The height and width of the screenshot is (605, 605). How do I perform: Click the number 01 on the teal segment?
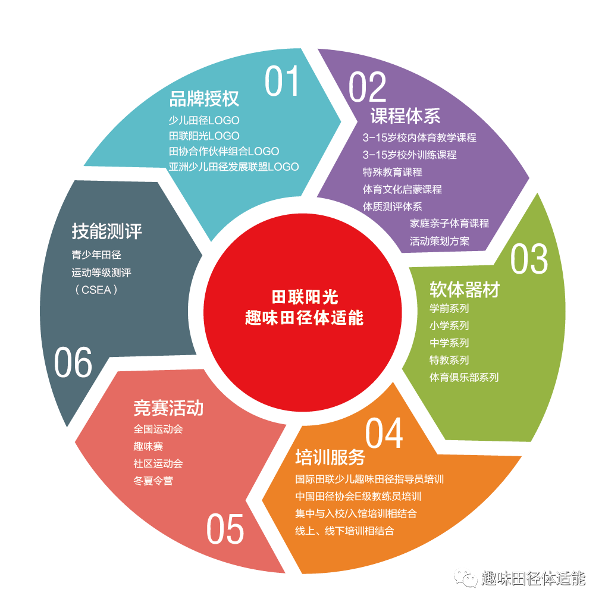pos(282,81)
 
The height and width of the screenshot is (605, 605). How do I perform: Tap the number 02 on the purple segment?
pos(367,87)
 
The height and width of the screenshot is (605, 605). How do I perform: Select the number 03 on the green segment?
pos(529,259)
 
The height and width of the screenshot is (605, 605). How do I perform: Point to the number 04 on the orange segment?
pos(384,433)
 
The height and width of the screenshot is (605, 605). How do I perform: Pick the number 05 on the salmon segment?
pos(225,529)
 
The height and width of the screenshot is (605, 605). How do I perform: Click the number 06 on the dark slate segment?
pos(73,362)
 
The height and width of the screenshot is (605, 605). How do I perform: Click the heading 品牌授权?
pos(204,99)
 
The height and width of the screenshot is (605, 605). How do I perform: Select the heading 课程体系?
pos(406,116)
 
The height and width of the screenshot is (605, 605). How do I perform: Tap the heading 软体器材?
pos(465,289)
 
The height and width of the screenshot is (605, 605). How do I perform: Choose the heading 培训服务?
pos(330,457)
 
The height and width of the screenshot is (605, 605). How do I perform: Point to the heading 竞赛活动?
pos(168,408)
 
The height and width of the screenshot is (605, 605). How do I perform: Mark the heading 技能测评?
pos(107,231)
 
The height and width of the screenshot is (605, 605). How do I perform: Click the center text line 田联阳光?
pos(305,297)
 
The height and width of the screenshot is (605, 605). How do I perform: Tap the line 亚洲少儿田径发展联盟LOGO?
pos(234,167)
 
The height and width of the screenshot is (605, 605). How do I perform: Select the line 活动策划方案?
pos(440,241)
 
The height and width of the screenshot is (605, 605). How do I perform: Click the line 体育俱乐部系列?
pos(464,377)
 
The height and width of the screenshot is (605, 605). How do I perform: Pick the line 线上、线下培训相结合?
pos(344,531)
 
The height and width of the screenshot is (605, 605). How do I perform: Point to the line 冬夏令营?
pos(153,481)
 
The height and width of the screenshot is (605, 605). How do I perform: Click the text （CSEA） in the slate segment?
pos(96,290)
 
